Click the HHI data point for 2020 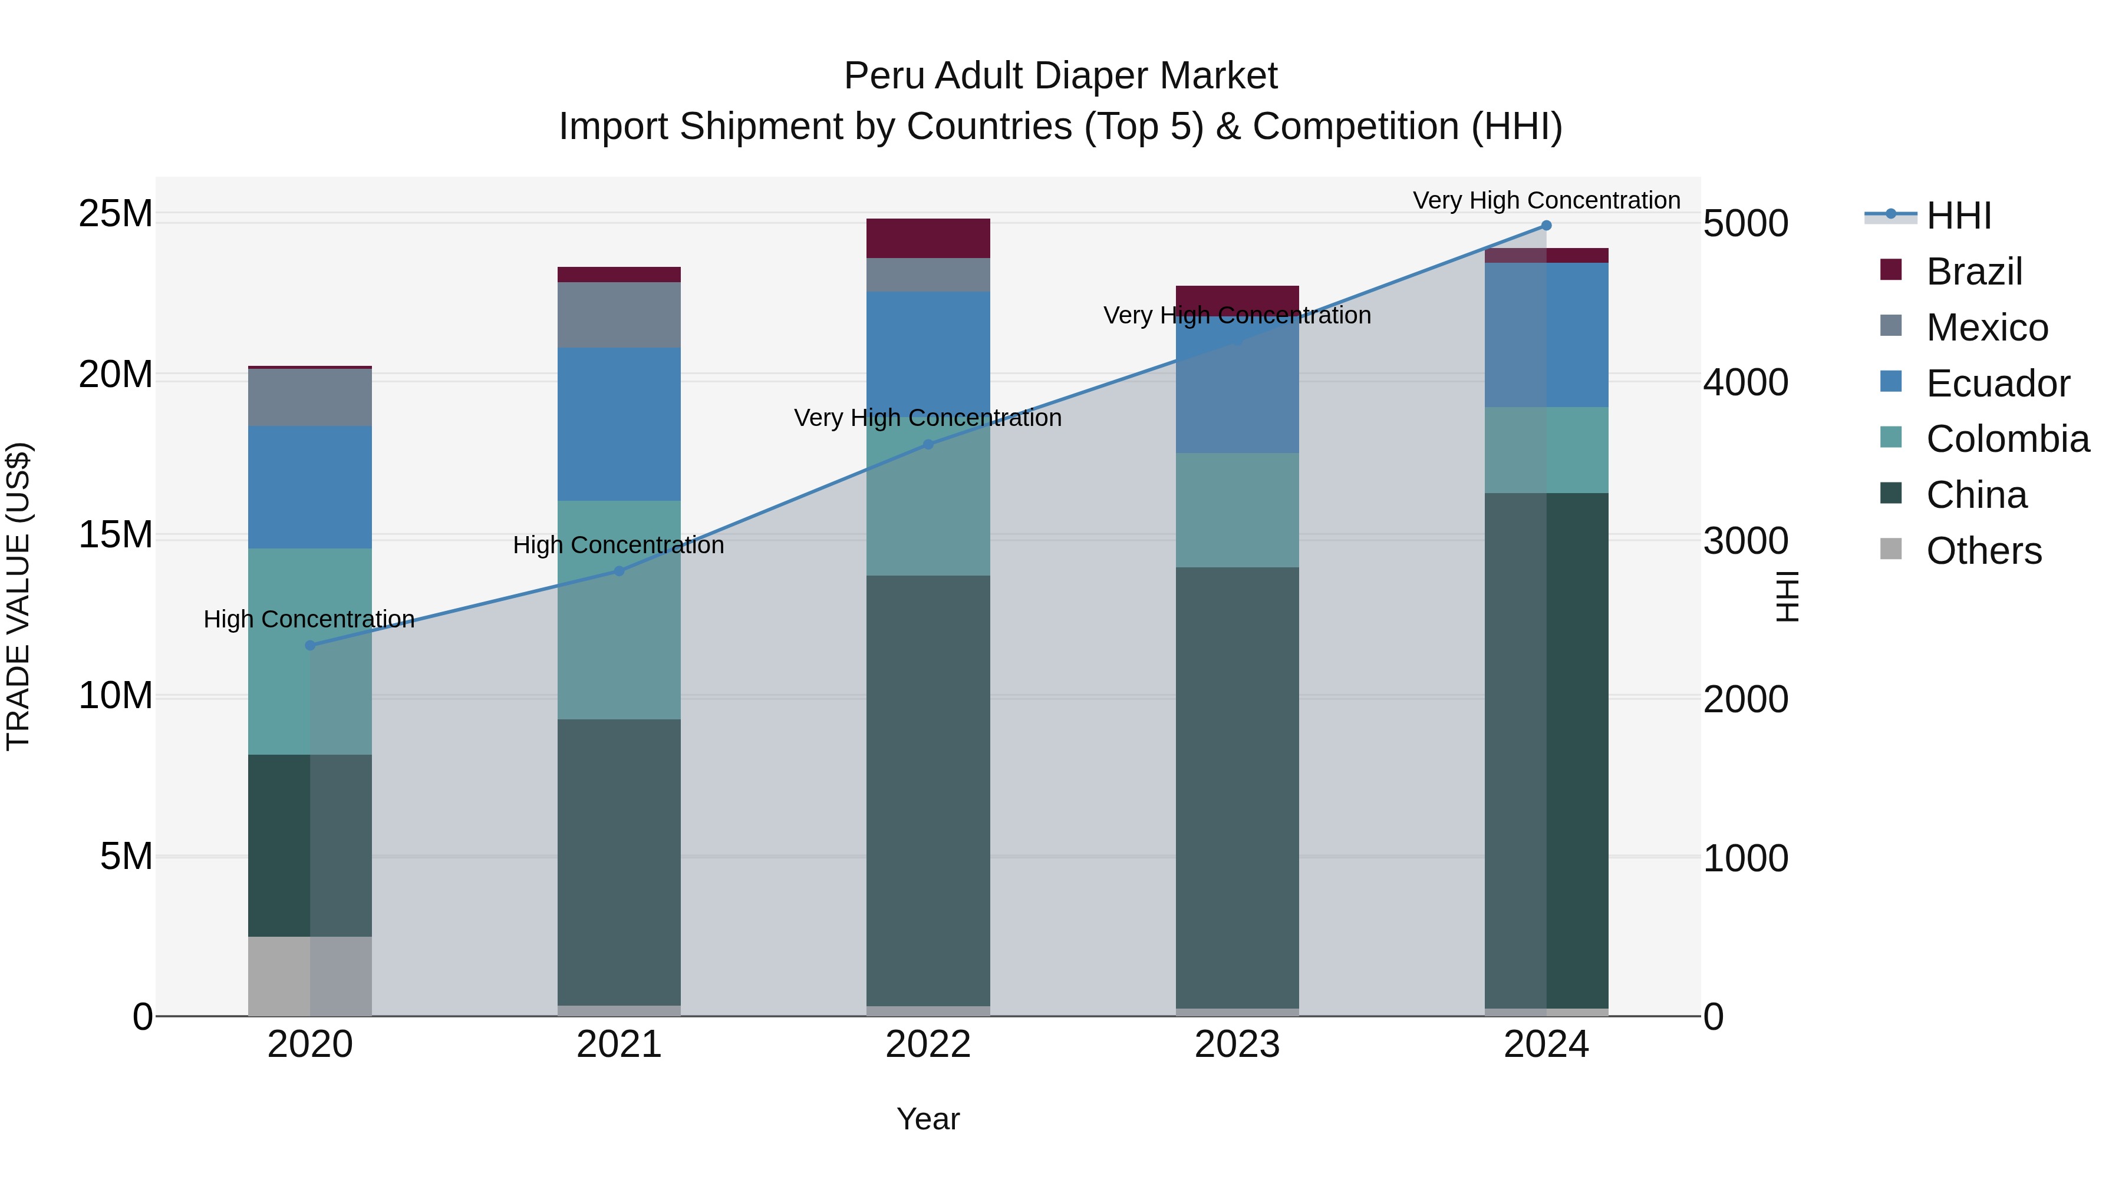pyautogui.click(x=309, y=646)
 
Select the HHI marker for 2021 pyautogui.click(x=620, y=570)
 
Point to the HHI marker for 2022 pyautogui.click(x=928, y=445)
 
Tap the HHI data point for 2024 pyautogui.click(x=1546, y=226)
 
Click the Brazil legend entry pyautogui.click(x=1973, y=272)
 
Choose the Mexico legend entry pyautogui.click(x=1986, y=328)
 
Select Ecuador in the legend pyautogui.click(x=1997, y=384)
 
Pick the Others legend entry pyautogui.click(x=1983, y=551)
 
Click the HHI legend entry pyautogui.click(x=1958, y=216)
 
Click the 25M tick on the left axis pyautogui.click(x=116, y=214)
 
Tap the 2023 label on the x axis pyautogui.click(x=1237, y=1045)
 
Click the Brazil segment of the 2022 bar pyautogui.click(x=928, y=239)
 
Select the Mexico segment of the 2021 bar pyautogui.click(x=620, y=315)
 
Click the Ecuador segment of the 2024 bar pyautogui.click(x=1546, y=335)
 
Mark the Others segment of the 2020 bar pyautogui.click(x=309, y=976)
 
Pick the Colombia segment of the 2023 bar pyautogui.click(x=1237, y=510)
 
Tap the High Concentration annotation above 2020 pyautogui.click(x=309, y=619)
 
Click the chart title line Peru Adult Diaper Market pyautogui.click(x=1060, y=77)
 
